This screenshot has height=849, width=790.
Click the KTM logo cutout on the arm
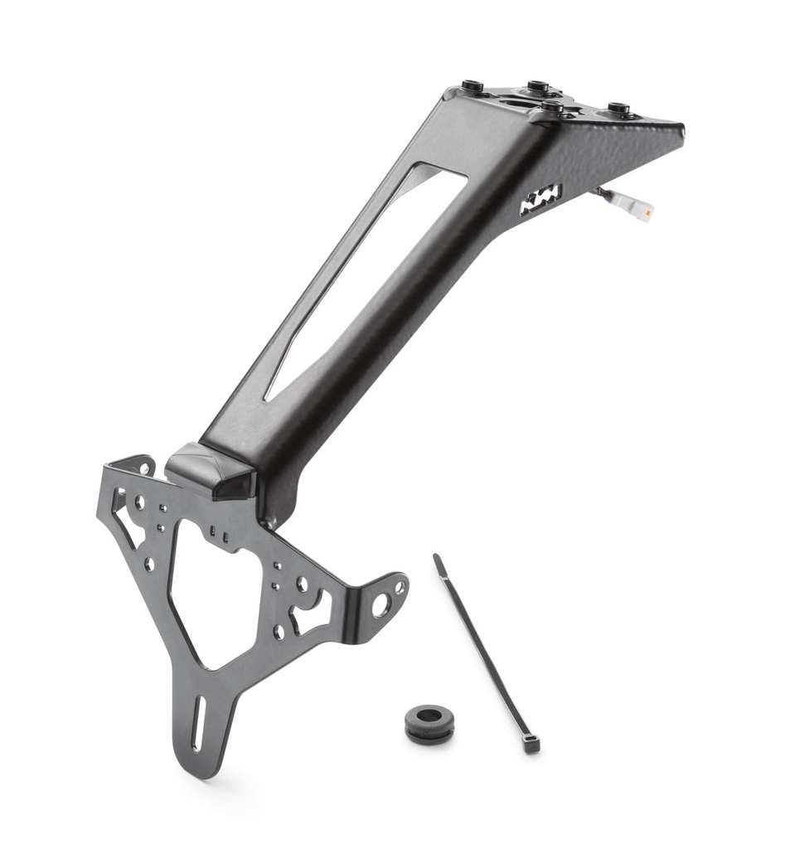(x=540, y=199)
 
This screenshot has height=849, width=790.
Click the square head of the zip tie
(x=531, y=745)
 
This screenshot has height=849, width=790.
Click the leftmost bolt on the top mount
(x=473, y=86)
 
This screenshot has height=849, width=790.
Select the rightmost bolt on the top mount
(x=618, y=109)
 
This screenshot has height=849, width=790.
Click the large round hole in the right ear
(x=382, y=604)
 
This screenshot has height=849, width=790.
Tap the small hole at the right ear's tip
(x=400, y=586)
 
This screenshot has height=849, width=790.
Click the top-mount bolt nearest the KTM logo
(x=553, y=108)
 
